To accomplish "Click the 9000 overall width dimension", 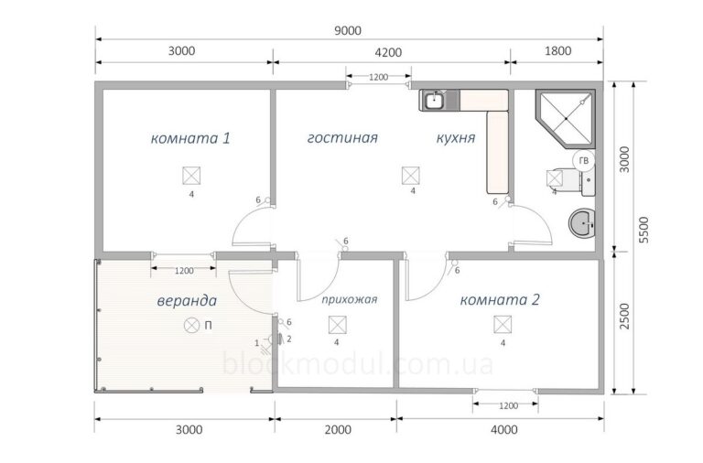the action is coord(348,30).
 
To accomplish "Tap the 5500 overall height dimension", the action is coord(644,230).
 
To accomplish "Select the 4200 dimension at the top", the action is coord(388,52).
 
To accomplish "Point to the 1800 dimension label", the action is coord(557,50).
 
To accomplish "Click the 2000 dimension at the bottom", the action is coord(338,430).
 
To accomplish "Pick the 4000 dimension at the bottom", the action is coord(504,430).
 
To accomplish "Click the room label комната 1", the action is coord(190,138).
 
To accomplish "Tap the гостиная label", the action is coord(342,137).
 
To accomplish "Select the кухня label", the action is coord(456,137).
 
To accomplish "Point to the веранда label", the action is coord(187,301).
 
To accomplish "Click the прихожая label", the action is coord(350,299).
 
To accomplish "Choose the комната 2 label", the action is coord(500,299).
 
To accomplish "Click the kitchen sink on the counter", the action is coord(434,101).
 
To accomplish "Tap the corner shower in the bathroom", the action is coord(566,118).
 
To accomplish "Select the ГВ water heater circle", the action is coord(584,161).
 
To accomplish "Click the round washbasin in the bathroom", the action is coord(581,222).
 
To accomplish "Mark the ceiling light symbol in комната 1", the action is coord(191,176).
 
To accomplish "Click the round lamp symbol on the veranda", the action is coord(192,326).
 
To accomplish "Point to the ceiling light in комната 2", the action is coord(503,325).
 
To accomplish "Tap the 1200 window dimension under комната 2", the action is coord(508,406).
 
